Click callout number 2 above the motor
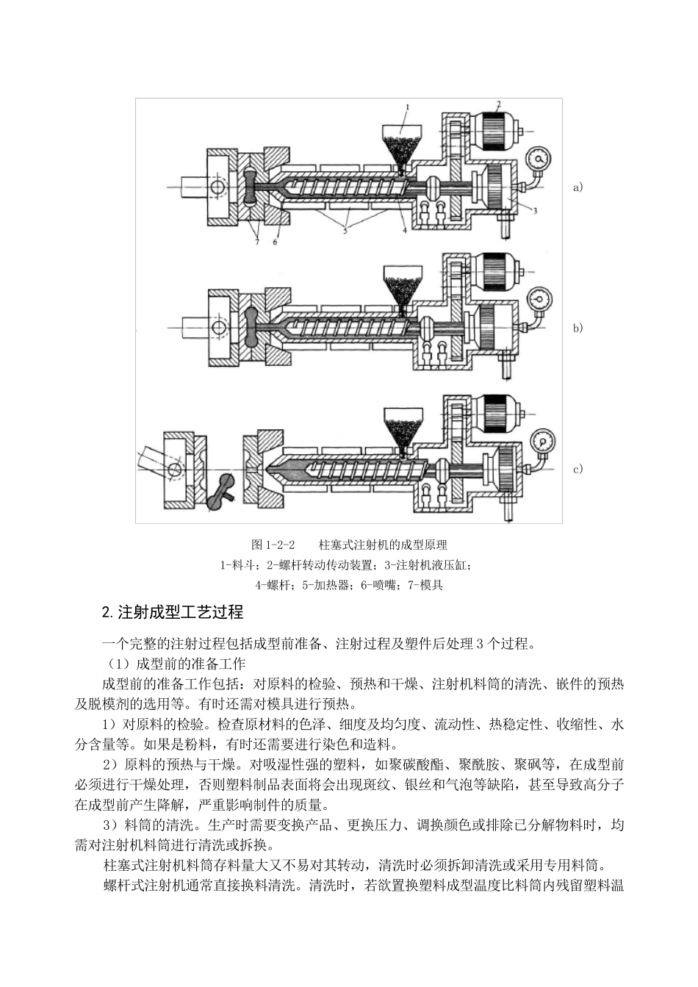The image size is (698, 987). pyautogui.click(x=498, y=104)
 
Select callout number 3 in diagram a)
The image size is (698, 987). pyautogui.click(x=536, y=211)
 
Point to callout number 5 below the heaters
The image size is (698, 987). pyautogui.click(x=344, y=230)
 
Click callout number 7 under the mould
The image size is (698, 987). pyautogui.click(x=256, y=242)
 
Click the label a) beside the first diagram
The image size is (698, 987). pyautogui.click(x=578, y=187)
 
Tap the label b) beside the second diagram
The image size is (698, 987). pyautogui.click(x=578, y=329)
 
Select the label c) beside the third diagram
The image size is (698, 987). pyautogui.click(x=578, y=470)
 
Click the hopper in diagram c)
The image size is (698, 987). pyautogui.click(x=403, y=426)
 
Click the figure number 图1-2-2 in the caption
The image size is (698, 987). pyautogui.click(x=273, y=545)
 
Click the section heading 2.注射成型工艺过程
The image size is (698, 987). pyautogui.click(x=173, y=612)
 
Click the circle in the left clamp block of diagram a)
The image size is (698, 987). pyautogui.click(x=218, y=188)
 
